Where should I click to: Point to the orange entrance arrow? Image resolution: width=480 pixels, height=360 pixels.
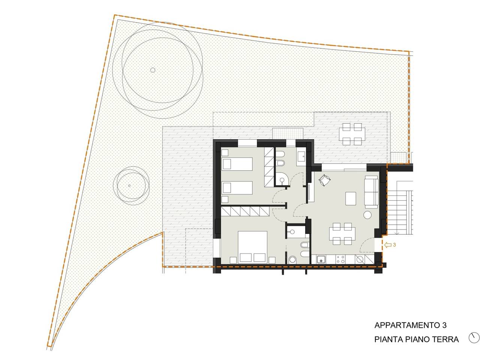point(388,245)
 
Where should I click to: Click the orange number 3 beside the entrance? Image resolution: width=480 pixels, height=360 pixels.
point(394,245)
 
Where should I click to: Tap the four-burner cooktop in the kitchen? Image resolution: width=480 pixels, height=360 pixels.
point(341,259)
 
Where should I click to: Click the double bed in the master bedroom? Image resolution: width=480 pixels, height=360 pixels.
point(253,247)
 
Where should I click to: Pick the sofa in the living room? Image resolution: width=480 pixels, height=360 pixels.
point(371,192)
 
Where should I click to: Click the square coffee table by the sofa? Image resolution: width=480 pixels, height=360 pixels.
point(351,198)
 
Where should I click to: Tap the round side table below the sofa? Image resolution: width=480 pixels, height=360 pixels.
point(367,215)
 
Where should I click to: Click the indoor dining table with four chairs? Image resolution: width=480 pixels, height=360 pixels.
point(342,234)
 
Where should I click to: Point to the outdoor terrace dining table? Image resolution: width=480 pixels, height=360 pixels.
point(352,134)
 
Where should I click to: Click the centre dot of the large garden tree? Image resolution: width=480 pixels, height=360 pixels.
point(153,70)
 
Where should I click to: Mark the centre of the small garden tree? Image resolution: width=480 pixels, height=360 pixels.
point(129,186)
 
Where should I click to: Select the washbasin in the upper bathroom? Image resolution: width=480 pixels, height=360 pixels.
point(301,156)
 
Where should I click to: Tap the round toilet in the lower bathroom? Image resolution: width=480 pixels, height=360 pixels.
point(292,260)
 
